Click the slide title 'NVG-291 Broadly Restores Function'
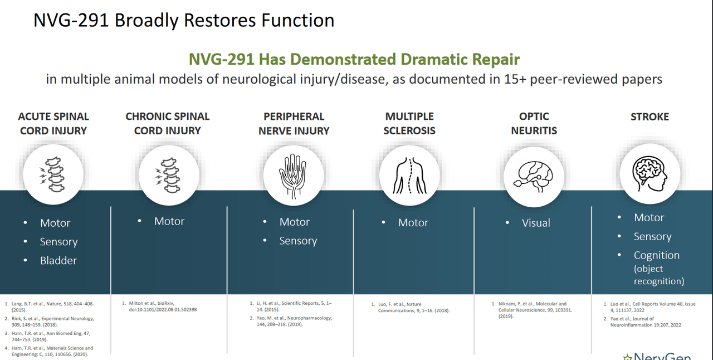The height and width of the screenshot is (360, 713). tap(184, 20)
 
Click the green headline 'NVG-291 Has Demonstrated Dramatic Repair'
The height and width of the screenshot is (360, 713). tap(354, 59)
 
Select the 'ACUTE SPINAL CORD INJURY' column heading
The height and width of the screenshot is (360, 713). tap(53, 123)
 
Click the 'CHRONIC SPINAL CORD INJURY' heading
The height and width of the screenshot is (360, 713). tap(167, 123)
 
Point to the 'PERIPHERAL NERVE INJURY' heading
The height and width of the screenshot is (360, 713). tap(294, 123)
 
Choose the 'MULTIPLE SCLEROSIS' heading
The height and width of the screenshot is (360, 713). tap(409, 123)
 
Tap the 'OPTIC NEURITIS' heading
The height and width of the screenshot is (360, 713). tap(534, 123)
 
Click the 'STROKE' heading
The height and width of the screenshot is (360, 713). tap(649, 116)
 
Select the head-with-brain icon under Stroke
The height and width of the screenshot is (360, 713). tap(649, 171)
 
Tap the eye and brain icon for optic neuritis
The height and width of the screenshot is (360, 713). tap(534, 175)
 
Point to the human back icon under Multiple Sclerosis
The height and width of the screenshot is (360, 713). tap(409, 175)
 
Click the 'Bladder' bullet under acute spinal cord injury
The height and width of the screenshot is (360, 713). tap(58, 260)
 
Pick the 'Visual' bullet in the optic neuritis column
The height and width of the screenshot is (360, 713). tap(536, 223)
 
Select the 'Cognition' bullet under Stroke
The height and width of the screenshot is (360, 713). tap(656, 255)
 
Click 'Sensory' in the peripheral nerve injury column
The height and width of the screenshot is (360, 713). tap(298, 241)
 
